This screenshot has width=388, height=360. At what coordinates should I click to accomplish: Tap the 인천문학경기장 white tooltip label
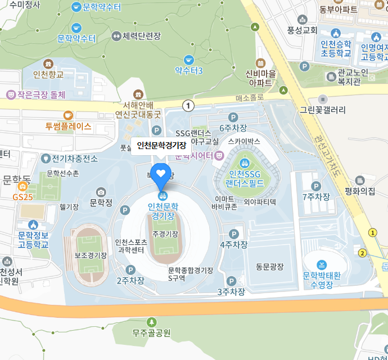[x=161, y=146]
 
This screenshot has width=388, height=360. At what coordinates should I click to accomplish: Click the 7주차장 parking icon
[x=315, y=186]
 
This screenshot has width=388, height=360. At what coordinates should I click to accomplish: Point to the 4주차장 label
[x=233, y=245]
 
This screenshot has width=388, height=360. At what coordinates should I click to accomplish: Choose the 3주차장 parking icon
[x=231, y=281]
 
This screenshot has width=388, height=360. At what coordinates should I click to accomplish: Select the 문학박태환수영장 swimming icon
[x=321, y=264]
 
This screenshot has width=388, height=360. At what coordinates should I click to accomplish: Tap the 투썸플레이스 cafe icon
[x=69, y=115]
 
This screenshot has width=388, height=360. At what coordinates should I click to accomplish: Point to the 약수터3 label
[x=188, y=71]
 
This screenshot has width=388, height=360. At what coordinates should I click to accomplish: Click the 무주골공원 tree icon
[x=151, y=322]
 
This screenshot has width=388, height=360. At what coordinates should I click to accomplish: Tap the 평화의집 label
[x=360, y=191]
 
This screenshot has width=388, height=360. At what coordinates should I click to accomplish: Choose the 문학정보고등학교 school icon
[x=33, y=224]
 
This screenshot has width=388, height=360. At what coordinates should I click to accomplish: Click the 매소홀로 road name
[x=249, y=97]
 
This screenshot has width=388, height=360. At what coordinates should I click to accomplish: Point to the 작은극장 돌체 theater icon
[x=10, y=94]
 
